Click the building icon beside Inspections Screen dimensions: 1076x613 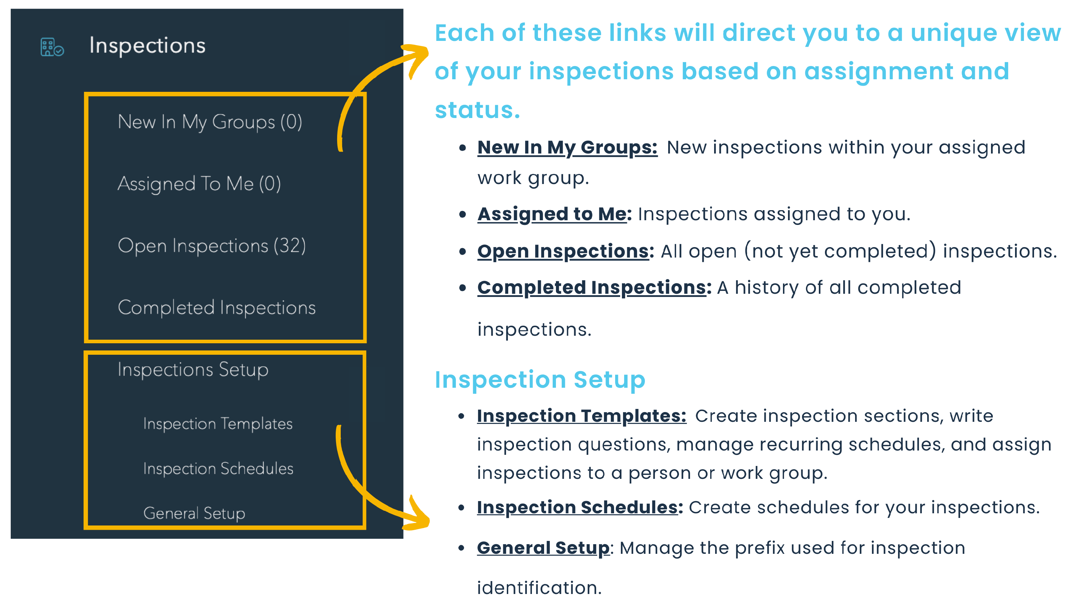click(x=52, y=47)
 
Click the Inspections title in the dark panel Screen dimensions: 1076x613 click(x=147, y=46)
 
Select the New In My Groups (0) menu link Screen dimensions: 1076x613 click(x=210, y=122)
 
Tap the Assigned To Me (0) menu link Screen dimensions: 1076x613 click(x=199, y=184)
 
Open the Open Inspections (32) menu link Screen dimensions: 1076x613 click(x=212, y=246)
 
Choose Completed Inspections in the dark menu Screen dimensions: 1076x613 click(x=217, y=308)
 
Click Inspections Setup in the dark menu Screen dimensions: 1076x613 click(x=193, y=370)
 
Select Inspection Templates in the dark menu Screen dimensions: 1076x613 click(x=218, y=424)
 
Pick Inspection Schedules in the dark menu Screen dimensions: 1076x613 click(x=218, y=468)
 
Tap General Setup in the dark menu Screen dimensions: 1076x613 click(x=194, y=514)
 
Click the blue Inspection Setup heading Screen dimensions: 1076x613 click(x=540, y=380)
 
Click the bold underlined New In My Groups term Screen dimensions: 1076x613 click(x=567, y=148)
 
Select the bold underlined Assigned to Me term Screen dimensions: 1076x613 click(x=554, y=214)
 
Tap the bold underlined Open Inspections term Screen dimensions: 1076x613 click(x=565, y=251)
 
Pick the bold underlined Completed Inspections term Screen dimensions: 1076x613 click(x=594, y=288)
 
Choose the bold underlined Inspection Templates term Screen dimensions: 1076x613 click(x=581, y=416)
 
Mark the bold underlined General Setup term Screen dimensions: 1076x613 click(x=543, y=548)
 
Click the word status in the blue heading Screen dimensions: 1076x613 click(x=477, y=110)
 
